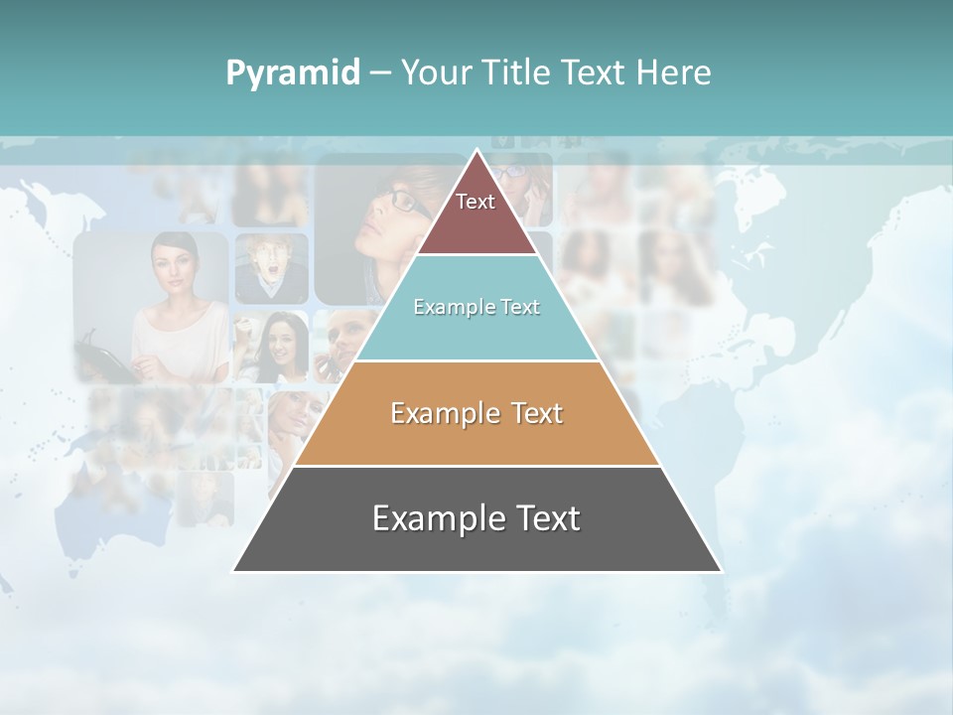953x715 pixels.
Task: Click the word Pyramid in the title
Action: (x=293, y=73)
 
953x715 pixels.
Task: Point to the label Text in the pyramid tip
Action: (x=476, y=202)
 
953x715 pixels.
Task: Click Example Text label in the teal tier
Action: (x=476, y=307)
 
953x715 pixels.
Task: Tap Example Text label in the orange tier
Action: (x=476, y=413)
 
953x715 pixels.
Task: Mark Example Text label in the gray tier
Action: (x=476, y=518)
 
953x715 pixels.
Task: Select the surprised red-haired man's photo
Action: (x=270, y=268)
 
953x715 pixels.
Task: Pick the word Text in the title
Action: (x=594, y=73)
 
